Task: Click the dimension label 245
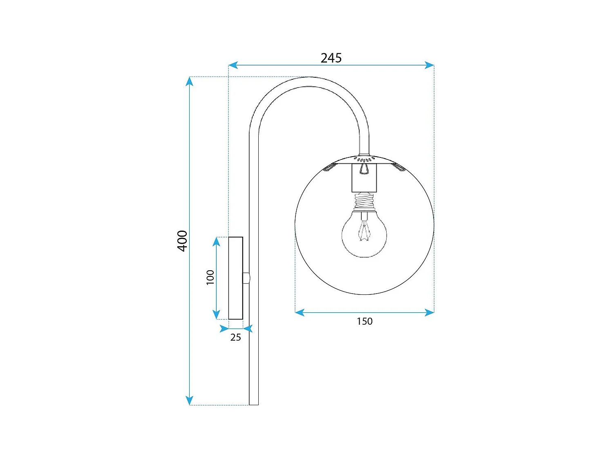click(x=331, y=58)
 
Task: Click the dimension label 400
click(x=182, y=241)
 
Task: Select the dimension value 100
click(x=210, y=277)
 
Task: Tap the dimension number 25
click(x=235, y=337)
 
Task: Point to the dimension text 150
click(x=365, y=321)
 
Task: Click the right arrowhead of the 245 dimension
click(x=430, y=65)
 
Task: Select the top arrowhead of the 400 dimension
click(x=189, y=81)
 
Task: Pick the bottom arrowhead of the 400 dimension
click(x=189, y=400)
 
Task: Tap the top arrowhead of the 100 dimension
click(x=217, y=242)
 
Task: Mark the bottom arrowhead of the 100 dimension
click(x=217, y=315)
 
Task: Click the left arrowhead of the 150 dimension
click(x=300, y=313)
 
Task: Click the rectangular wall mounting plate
click(x=235, y=278)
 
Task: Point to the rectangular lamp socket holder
click(x=364, y=178)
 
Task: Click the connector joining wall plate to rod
click(x=246, y=278)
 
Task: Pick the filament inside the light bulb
click(x=364, y=231)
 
